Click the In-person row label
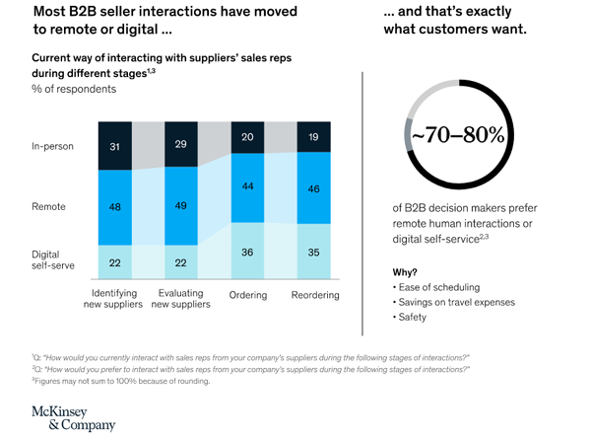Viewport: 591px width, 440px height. [54, 147]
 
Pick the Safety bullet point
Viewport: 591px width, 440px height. [413, 318]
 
